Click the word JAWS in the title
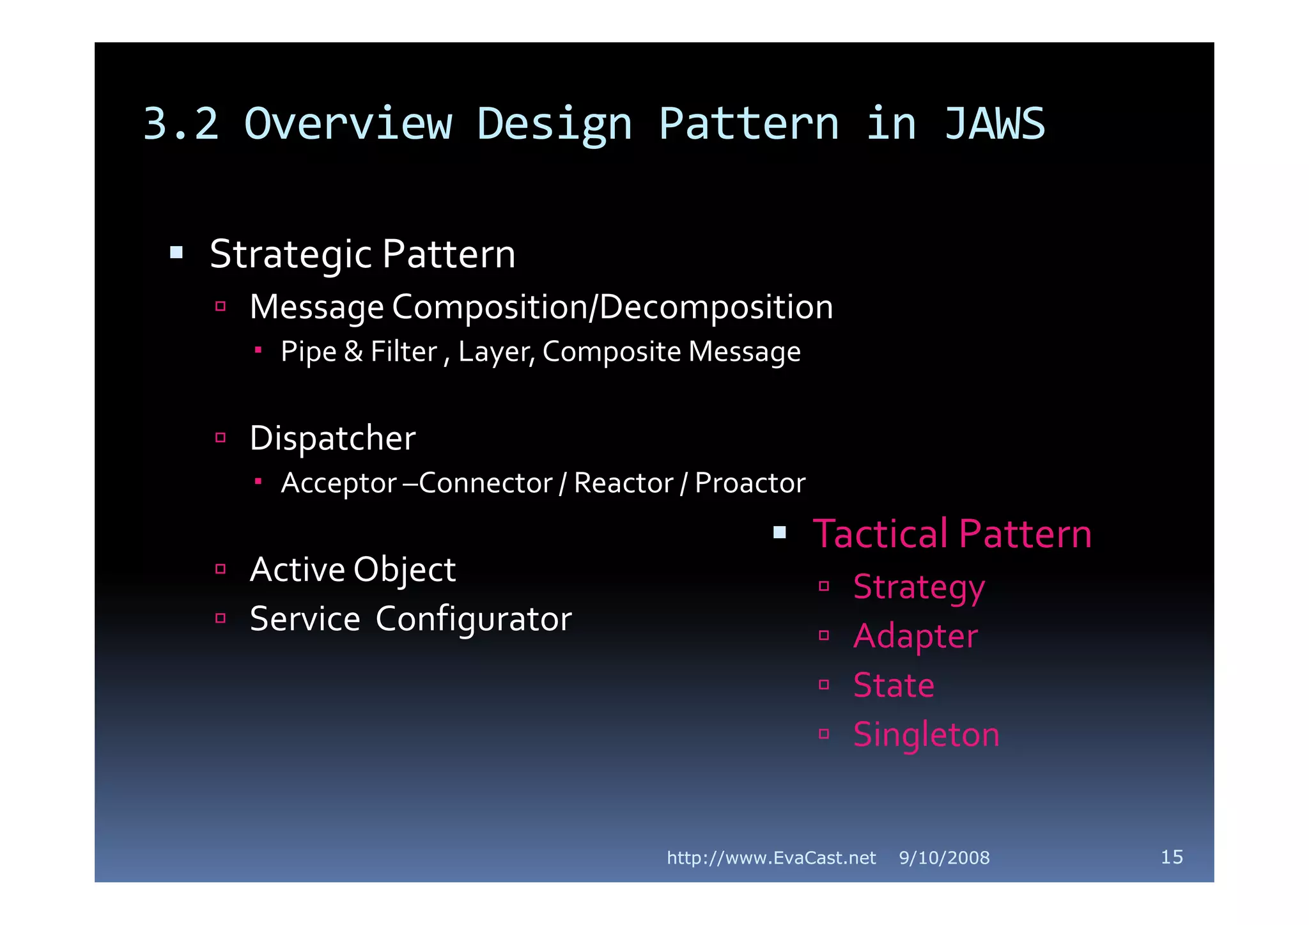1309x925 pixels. tap(994, 124)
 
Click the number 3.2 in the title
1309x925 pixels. tap(181, 124)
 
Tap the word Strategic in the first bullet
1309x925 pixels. tap(291, 254)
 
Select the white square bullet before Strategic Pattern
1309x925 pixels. tap(176, 253)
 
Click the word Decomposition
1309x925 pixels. tap(716, 307)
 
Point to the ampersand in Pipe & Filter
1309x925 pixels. tap(353, 352)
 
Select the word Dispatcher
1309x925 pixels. tap(332, 439)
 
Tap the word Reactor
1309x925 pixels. tap(623, 483)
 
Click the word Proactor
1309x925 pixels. tap(750, 483)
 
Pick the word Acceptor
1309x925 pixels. tap(339, 483)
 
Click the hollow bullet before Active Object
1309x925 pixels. tap(221, 569)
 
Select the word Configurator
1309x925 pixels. tap(473, 619)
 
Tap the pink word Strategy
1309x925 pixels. tap(918, 587)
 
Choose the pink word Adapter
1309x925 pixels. tap(915, 637)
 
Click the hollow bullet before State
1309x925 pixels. tap(824, 685)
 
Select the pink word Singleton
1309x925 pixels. tap(926, 735)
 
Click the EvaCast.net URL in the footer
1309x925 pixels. tap(771, 858)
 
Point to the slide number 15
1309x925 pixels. tap(1172, 857)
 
